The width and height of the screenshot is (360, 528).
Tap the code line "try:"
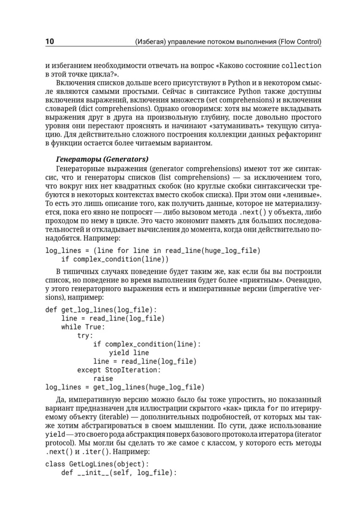[x=85, y=336]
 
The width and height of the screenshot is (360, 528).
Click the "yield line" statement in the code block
[x=129, y=353]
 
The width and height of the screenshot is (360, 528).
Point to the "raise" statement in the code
[x=103, y=379]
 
